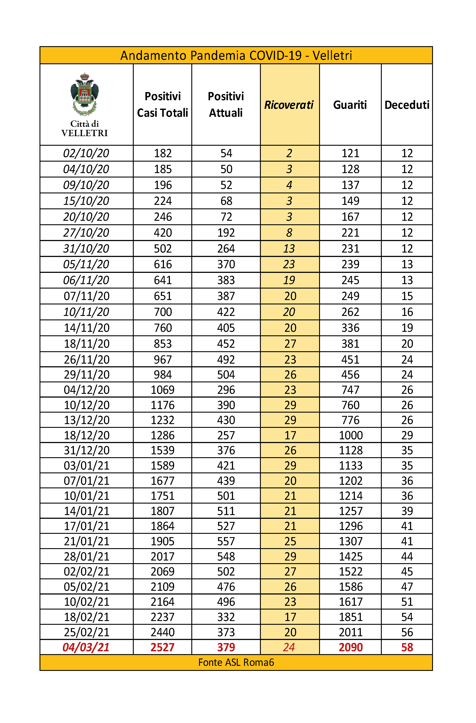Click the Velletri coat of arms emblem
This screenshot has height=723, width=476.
(x=85, y=94)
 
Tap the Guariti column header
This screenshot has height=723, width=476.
(x=350, y=105)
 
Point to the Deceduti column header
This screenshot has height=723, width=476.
(x=407, y=105)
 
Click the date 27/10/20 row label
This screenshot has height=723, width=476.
(x=86, y=233)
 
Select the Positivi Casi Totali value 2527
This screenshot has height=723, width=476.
(x=163, y=647)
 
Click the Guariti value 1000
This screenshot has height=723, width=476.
(x=351, y=435)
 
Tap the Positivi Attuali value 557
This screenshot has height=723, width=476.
(x=226, y=541)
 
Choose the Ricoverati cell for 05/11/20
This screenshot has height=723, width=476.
(x=289, y=264)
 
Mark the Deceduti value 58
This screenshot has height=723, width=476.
(x=407, y=647)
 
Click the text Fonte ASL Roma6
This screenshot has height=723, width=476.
(x=236, y=662)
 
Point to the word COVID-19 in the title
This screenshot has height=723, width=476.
(x=276, y=56)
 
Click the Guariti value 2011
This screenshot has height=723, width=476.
(x=351, y=632)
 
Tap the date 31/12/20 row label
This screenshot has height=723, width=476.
(x=87, y=451)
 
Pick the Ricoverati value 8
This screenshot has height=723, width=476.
(x=289, y=233)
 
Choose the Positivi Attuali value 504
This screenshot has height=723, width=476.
(x=226, y=375)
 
